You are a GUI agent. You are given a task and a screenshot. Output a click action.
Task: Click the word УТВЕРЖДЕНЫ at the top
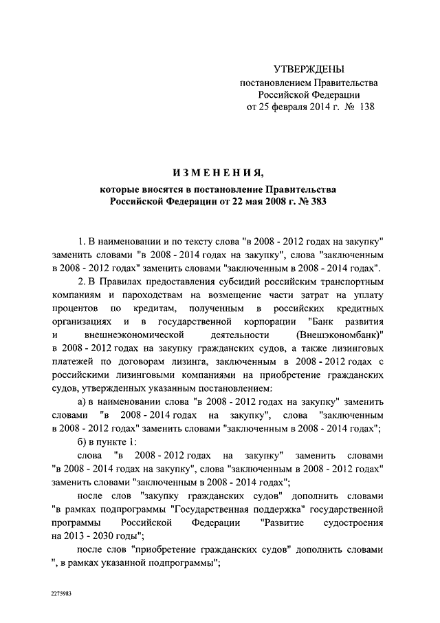tap(309, 69)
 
